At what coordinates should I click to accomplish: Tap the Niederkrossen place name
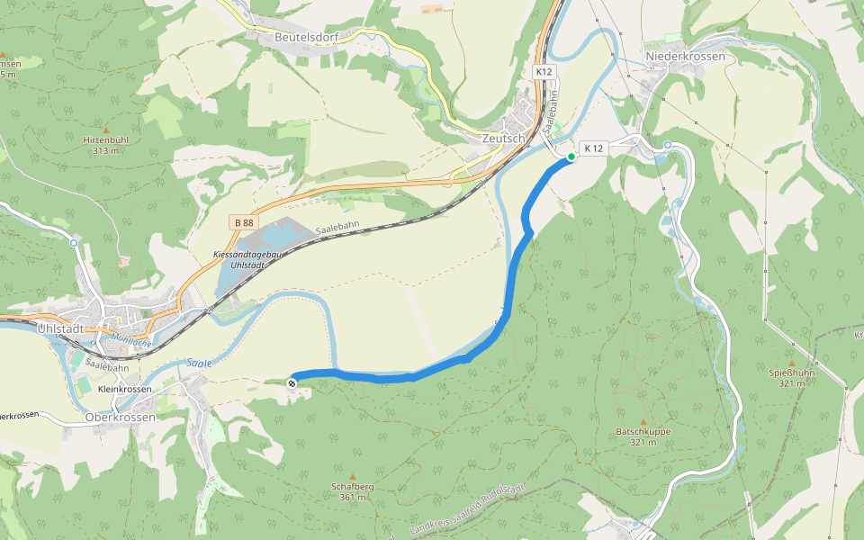685,57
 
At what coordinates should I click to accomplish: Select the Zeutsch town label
502,139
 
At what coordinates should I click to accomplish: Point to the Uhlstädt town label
61,328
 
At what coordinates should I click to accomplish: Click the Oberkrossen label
120,418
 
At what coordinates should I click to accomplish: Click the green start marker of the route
571,157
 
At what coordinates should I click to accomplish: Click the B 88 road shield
243,222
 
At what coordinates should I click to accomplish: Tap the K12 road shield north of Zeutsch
544,71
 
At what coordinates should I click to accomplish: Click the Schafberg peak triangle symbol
353,477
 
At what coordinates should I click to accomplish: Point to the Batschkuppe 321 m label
643,436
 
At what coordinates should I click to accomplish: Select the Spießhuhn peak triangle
792,364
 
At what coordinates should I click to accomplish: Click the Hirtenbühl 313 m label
105,146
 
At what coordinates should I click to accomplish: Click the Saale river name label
200,364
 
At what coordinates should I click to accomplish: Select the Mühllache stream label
131,340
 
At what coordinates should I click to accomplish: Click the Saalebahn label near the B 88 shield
339,230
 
